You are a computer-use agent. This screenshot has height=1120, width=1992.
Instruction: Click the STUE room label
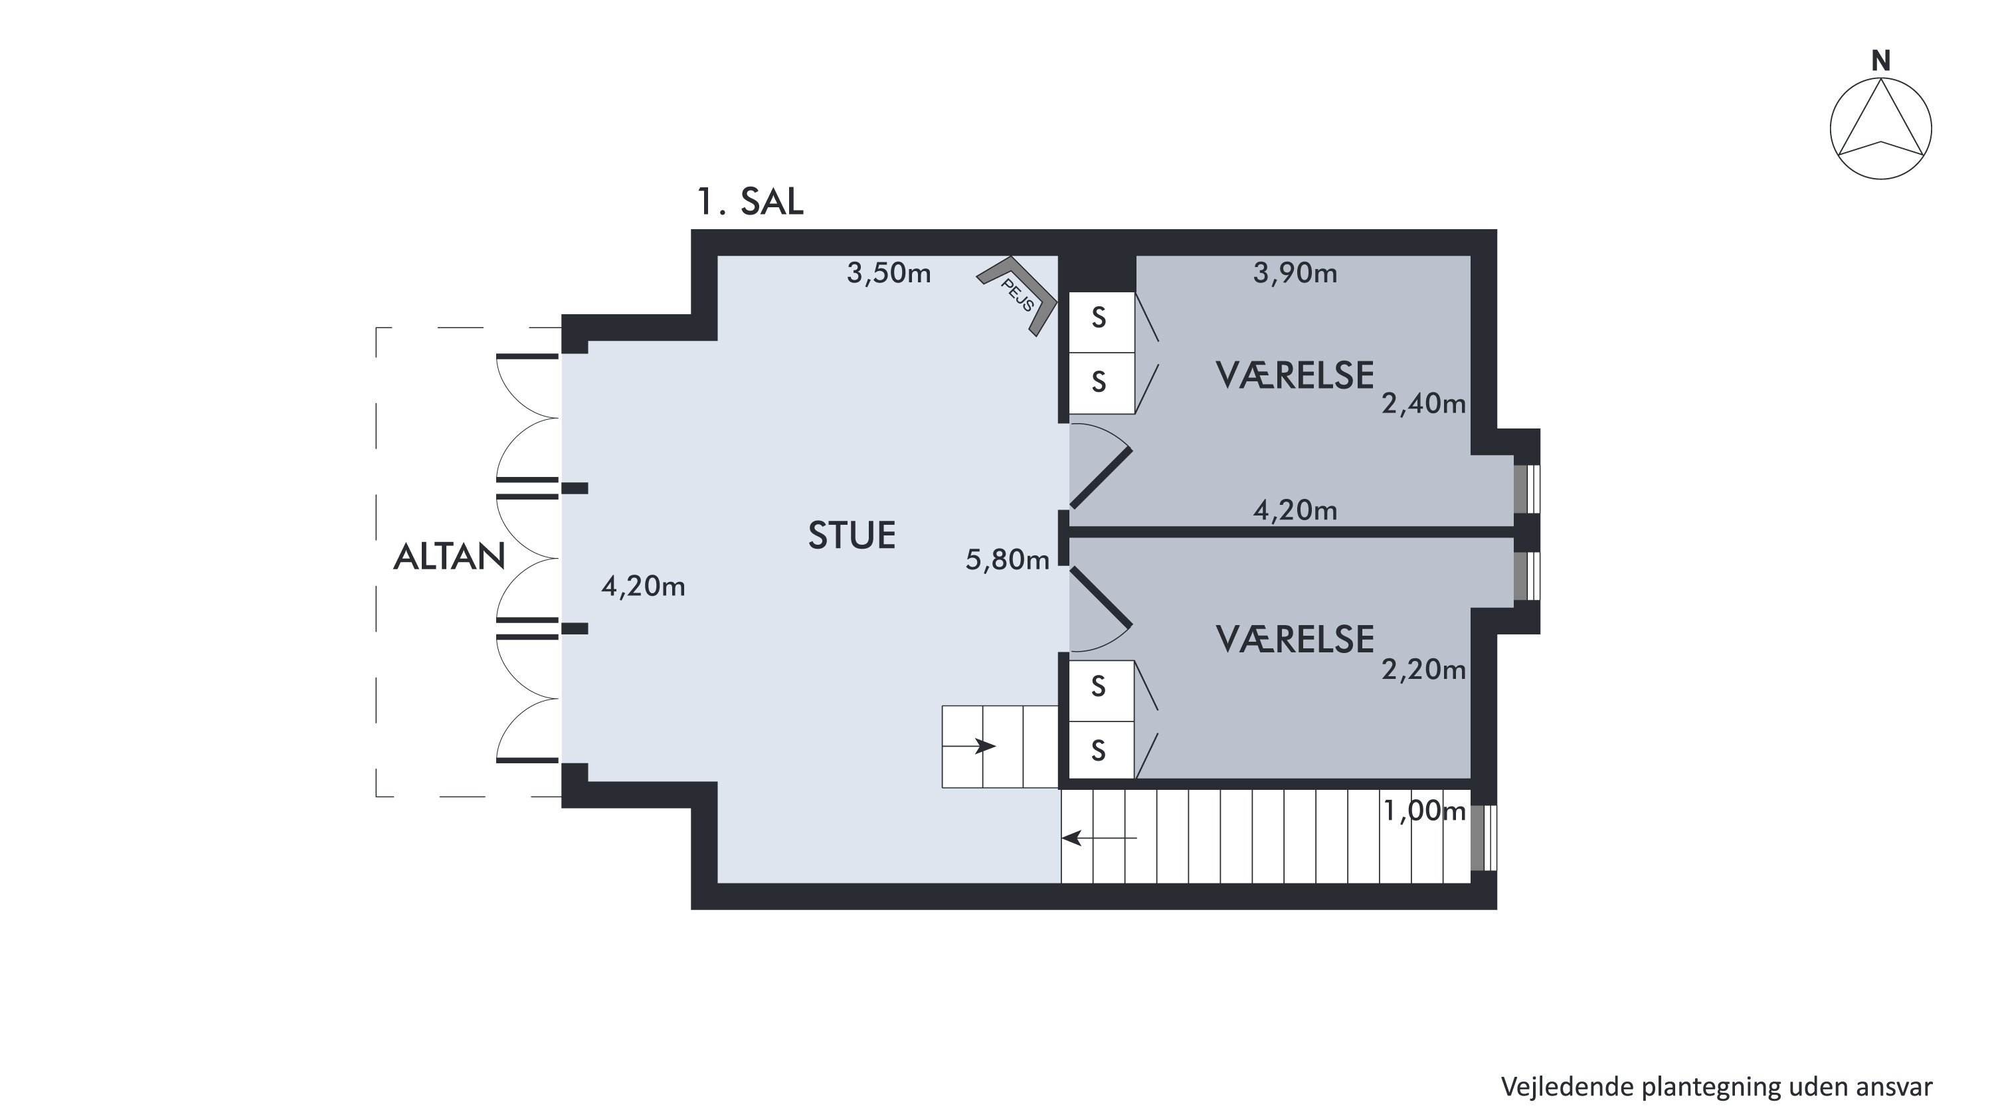click(852, 535)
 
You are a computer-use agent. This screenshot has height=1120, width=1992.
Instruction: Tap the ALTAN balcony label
click(449, 557)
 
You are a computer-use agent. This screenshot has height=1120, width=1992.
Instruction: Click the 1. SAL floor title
click(750, 201)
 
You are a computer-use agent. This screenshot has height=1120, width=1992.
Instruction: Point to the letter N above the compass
click(1880, 61)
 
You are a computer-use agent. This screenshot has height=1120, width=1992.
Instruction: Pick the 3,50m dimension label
click(889, 273)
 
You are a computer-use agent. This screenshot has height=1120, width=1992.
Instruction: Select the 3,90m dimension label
click(1295, 273)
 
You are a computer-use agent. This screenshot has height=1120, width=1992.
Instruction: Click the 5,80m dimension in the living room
click(1007, 559)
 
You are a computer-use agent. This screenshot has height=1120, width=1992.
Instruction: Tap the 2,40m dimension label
click(1423, 404)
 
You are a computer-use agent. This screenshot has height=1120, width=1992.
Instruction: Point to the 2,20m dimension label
click(1423, 669)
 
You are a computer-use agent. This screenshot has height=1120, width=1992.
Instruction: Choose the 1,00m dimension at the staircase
click(1423, 810)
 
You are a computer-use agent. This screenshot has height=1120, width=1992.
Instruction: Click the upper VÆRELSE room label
click(1295, 375)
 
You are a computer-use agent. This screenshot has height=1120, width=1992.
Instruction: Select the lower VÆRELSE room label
click(1295, 640)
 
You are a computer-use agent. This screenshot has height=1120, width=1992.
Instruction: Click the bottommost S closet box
click(1101, 750)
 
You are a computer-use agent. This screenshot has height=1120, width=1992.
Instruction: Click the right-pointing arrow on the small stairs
click(969, 747)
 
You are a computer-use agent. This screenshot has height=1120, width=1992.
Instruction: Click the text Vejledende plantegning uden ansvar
click(1717, 1087)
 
